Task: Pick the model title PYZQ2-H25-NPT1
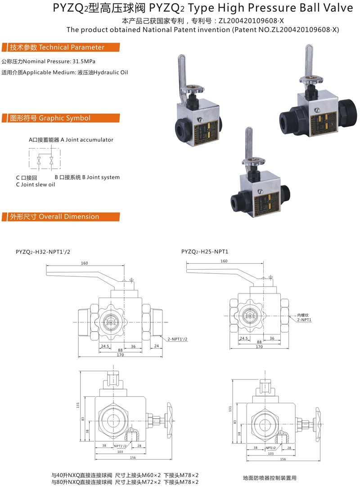205,252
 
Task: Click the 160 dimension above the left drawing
84,263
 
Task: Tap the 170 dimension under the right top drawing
259,347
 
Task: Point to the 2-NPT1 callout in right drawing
304,320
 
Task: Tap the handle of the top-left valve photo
181,72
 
